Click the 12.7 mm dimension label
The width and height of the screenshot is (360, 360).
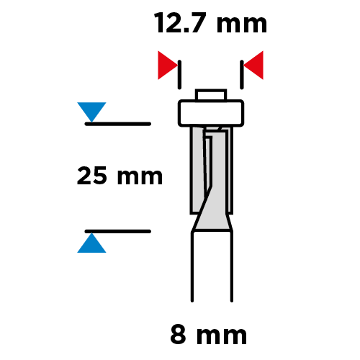210,23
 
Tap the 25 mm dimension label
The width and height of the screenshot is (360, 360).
120,176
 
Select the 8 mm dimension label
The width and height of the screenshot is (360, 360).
208,335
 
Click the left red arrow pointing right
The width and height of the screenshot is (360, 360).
168,66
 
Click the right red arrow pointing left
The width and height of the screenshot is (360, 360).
253,66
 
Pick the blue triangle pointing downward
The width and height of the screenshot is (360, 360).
91,112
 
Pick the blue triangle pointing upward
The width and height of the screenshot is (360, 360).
91,243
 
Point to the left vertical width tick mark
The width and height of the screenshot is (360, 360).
179,75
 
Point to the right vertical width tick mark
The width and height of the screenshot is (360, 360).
242,75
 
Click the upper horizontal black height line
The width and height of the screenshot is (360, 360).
118,124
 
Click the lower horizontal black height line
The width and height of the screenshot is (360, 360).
118,231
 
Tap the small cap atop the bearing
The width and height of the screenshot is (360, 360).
211,95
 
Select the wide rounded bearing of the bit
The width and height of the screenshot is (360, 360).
211,113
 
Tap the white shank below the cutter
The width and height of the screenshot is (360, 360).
212,266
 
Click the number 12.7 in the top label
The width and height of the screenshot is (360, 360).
180,23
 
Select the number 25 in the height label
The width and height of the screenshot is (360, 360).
91,176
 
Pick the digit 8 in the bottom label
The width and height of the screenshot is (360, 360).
178,335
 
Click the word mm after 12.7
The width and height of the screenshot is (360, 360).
242,26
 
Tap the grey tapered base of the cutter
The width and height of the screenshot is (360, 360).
213,222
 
